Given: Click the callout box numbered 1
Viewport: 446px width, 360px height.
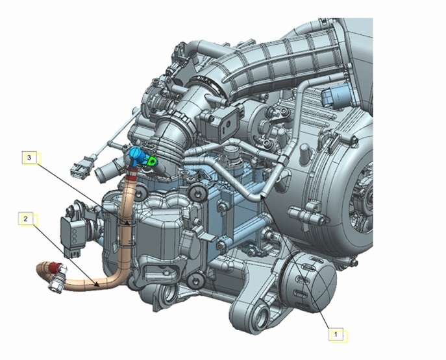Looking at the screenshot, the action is pos(336,335).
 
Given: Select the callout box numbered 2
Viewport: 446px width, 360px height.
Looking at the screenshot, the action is pos(26,219).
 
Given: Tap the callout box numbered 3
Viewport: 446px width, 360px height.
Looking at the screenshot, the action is pos(29,158).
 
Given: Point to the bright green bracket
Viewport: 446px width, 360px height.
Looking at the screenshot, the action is pos(152,162).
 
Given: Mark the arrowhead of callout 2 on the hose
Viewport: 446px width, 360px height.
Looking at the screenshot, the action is pos(97,284).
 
